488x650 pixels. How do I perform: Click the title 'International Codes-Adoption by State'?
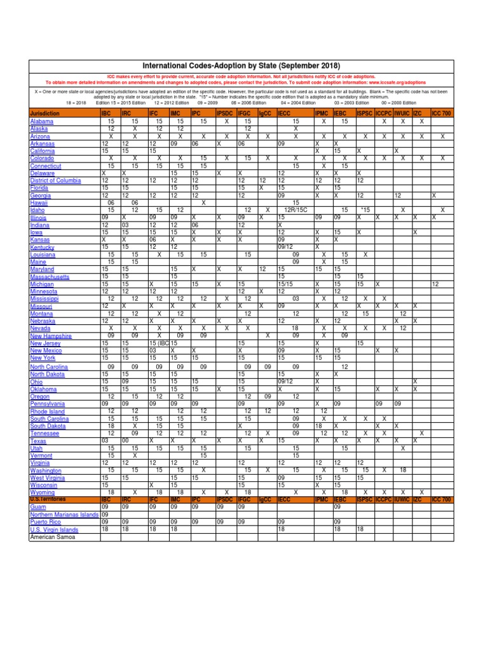[x=241, y=66]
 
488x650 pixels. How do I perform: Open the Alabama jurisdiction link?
[x=41, y=121]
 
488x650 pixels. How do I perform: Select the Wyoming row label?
[x=43, y=492]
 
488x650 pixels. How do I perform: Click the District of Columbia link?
[x=55, y=180]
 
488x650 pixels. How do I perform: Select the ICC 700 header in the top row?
[x=442, y=113]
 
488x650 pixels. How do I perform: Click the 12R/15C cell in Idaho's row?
[x=295, y=210]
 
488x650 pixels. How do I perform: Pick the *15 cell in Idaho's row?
[x=364, y=210]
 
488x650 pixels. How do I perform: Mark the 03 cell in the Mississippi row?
[x=295, y=298]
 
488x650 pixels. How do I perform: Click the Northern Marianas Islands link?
[x=63, y=514]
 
